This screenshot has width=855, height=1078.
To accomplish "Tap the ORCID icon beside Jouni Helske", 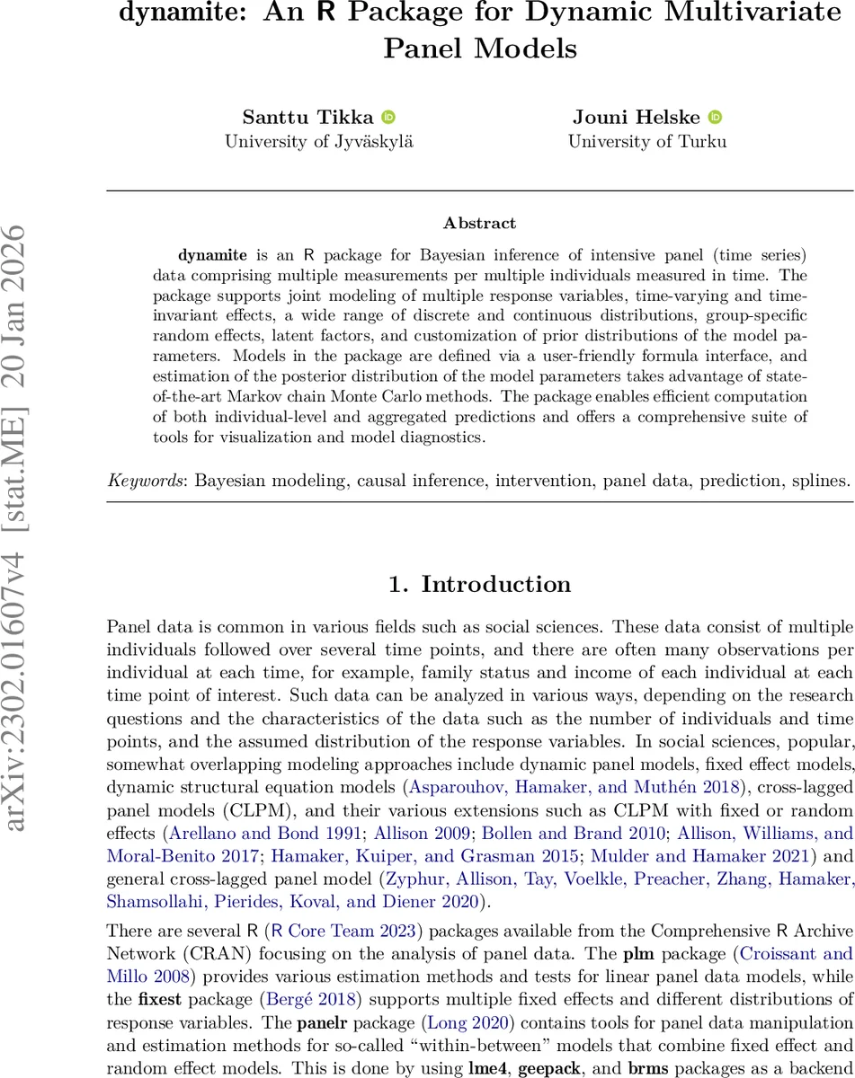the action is click(x=716, y=118).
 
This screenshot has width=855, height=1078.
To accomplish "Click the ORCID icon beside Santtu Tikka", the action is click(x=388, y=118).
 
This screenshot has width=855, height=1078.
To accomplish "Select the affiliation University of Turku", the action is click(x=646, y=141).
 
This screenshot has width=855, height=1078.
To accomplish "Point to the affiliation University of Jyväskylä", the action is click(x=319, y=141).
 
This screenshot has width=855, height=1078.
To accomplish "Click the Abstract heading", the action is click(x=479, y=223).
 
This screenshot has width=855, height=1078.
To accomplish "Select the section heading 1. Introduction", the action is click(x=479, y=585).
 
